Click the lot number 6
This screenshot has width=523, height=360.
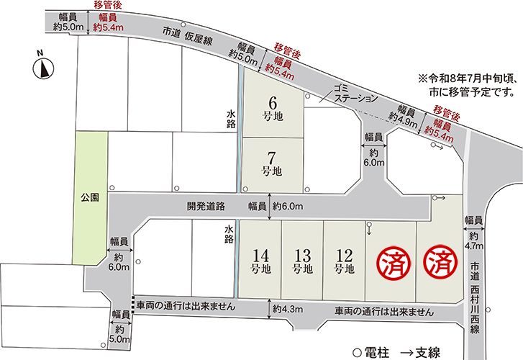(x=271, y=102)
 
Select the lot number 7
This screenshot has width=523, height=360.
(x=271, y=158)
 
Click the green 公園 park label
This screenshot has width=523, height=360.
(x=89, y=195)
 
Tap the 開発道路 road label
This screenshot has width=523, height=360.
(x=206, y=205)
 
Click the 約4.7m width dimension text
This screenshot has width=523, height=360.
(x=473, y=240)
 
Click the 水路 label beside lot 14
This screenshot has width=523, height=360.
(x=229, y=235)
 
